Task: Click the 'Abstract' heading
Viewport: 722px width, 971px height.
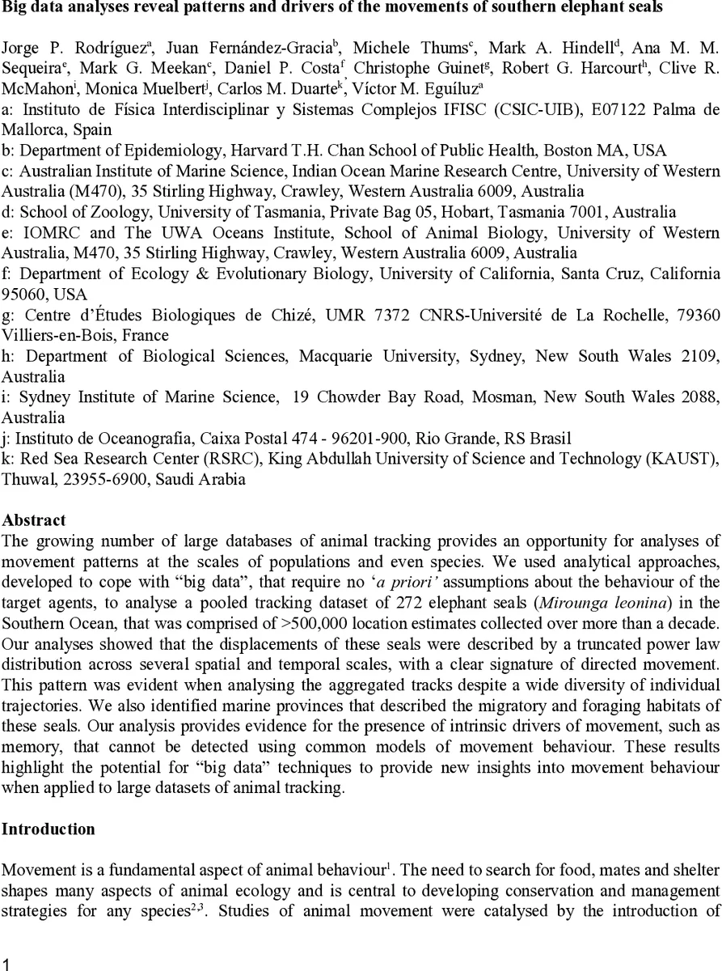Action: (x=34, y=520)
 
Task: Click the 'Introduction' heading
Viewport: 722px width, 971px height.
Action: (x=49, y=829)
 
